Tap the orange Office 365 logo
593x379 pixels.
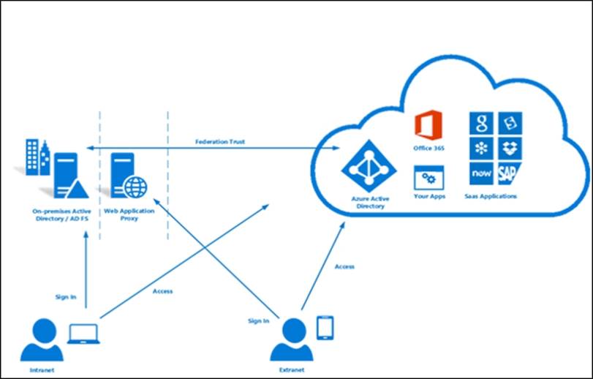tap(428, 124)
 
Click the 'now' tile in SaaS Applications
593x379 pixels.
tap(481, 173)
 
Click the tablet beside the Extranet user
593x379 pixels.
tap(324, 327)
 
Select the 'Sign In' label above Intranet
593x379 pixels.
tap(65, 297)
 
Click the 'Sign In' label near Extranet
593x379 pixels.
tap(258, 320)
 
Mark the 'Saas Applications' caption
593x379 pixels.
tap(491, 196)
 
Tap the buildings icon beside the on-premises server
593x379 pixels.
tap(34, 157)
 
